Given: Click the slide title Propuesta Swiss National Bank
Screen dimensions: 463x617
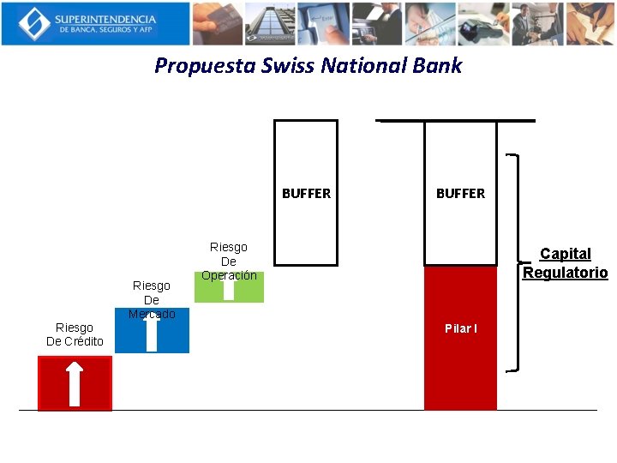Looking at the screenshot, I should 308,66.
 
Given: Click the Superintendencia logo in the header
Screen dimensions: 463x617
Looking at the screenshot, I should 95,23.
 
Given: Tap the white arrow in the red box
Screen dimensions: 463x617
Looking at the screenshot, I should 75,383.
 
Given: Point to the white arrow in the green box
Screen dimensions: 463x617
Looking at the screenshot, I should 228,289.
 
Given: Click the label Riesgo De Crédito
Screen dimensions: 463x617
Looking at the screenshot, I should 75,334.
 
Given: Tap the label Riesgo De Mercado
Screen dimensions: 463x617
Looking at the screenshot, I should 152,299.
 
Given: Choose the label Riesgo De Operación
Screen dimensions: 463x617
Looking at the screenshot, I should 229,262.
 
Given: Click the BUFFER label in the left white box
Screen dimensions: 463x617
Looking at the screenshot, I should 306,194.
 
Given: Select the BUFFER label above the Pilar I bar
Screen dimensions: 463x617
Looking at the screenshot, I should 460,194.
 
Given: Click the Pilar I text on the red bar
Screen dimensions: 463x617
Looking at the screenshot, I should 461,329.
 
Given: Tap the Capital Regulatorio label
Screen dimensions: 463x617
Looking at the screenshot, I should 566,263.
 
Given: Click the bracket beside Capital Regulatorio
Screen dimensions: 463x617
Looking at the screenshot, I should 515,263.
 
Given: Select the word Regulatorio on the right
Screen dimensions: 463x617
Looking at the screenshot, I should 566,273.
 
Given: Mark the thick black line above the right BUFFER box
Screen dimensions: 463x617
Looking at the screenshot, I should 456,121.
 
